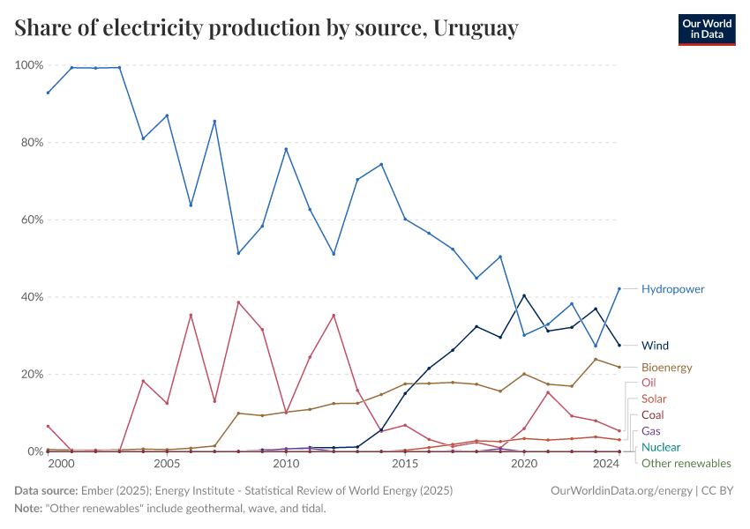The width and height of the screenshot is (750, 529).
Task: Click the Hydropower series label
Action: tap(672, 288)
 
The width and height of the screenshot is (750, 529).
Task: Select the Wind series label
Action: tap(656, 345)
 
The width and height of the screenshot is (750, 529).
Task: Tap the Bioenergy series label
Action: tap(666, 367)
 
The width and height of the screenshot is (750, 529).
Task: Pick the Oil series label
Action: tap(649, 383)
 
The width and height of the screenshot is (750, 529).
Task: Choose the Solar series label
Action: tap(654, 399)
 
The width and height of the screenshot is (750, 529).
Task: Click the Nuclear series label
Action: tap(661, 447)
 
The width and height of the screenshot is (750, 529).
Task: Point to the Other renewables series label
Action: tap(686, 463)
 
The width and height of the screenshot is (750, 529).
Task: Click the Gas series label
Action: tap(650, 431)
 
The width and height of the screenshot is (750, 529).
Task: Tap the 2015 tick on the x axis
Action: tap(405, 463)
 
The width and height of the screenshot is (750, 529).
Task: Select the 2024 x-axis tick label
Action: tap(606, 463)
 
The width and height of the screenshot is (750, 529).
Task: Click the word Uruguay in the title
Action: tap(476, 29)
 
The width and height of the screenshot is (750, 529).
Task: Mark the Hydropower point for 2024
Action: tap(619, 288)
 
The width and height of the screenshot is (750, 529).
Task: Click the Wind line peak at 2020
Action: tap(524, 295)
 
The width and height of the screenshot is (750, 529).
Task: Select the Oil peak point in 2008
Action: tap(238, 302)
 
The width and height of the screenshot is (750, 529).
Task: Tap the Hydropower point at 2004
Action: tap(143, 138)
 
